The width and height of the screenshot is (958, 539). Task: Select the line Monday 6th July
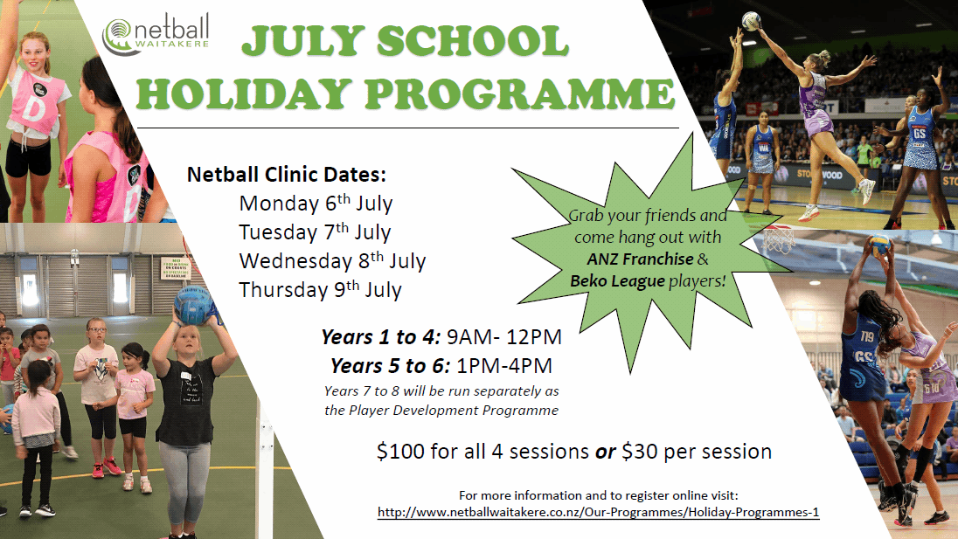coord(316,204)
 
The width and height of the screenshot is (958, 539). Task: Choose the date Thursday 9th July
coord(320,289)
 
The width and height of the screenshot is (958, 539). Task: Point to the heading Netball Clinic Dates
coord(286,174)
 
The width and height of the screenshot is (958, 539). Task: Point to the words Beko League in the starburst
coord(604,280)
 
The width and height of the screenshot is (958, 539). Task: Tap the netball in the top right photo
coord(751,21)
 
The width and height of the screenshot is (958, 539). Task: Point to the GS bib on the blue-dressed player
coord(919,133)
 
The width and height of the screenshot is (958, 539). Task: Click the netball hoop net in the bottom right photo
coord(779,238)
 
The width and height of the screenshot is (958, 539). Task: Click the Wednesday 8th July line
coord(332,260)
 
